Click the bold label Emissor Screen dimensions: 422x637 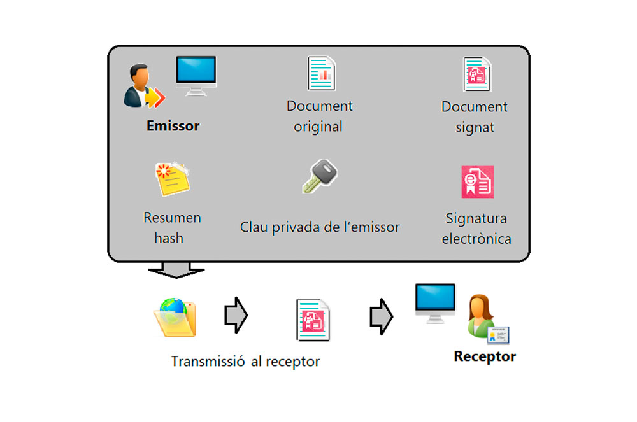[173, 125]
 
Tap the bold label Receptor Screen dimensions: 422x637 [484, 356]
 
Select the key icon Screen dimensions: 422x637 [319, 176]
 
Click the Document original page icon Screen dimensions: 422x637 [322, 74]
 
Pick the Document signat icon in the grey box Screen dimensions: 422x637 [475, 74]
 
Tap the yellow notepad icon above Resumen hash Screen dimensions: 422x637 [172, 179]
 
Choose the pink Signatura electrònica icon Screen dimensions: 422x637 [477, 182]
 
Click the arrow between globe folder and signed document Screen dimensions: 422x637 [236, 314]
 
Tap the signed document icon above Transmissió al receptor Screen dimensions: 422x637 [313, 320]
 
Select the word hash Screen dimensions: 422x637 [168, 238]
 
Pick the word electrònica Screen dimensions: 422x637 [476, 239]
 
